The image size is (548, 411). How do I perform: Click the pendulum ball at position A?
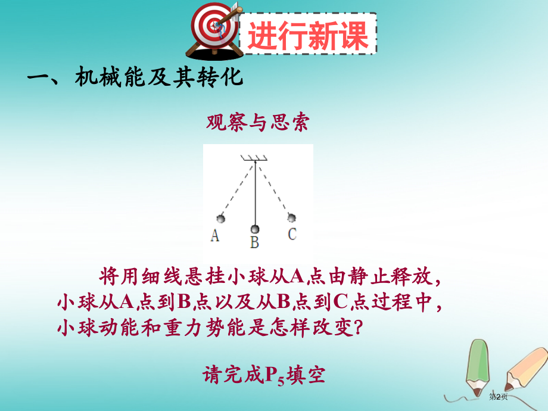coord(221,219)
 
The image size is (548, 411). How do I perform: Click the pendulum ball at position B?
coord(255,229)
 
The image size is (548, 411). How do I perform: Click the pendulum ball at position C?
coord(291,217)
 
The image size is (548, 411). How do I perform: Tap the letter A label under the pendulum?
coord(215,235)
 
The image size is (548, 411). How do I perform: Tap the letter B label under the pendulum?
coord(254,242)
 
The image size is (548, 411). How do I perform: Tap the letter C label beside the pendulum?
coord(292,233)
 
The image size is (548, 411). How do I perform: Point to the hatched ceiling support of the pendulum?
coord(254,158)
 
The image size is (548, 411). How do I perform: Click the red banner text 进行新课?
coord(308,35)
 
